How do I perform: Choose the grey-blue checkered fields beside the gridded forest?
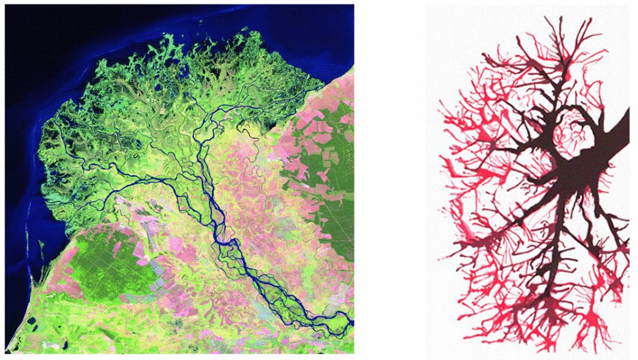[x=158, y=283]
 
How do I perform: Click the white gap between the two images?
[x=390, y=180]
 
